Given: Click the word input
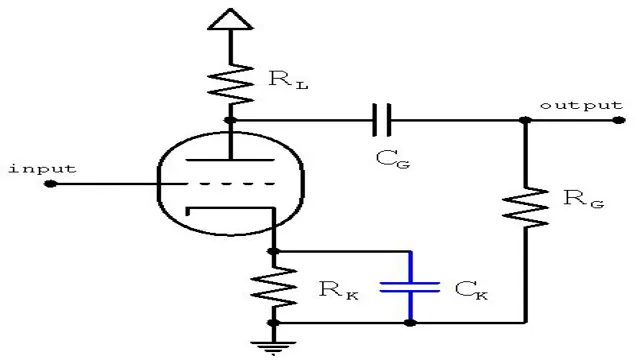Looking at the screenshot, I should tap(28, 168).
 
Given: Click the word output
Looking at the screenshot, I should tap(566, 105).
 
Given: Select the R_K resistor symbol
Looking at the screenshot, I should tap(276, 287).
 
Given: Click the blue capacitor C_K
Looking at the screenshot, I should tap(410, 286).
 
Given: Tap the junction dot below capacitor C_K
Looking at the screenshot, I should tap(410, 322).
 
